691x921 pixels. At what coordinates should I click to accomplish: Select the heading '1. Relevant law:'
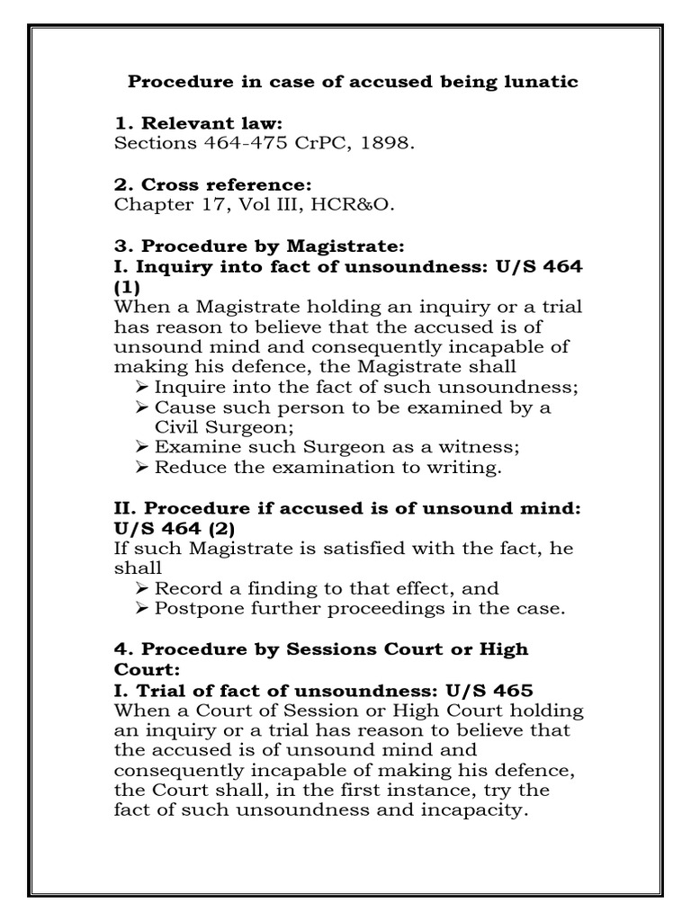[x=193, y=125]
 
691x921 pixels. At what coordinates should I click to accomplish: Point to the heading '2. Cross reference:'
[x=200, y=185]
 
